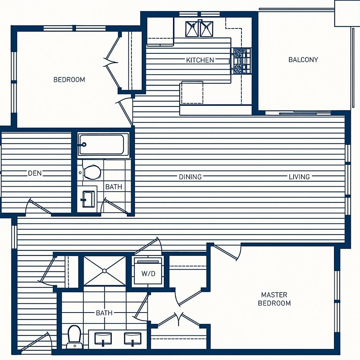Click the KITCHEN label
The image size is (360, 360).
tap(200, 60)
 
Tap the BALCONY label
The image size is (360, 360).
tap(303, 60)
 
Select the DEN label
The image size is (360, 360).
tap(35, 173)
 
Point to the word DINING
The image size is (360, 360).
tap(190, 177)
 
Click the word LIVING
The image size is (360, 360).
tap(299, 177)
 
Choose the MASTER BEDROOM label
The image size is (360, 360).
tap(274, 299)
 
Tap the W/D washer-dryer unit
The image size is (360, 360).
tap(148, 271)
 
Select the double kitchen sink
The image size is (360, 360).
tap(199, 29)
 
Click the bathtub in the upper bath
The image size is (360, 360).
tap(103, 145)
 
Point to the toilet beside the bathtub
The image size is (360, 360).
tap(91, 172)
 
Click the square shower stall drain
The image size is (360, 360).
tap(104, 271)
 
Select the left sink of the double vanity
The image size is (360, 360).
tap(103, 339)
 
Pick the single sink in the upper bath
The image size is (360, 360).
tap(88, 199)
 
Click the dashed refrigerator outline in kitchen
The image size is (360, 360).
tap(192, 93)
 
